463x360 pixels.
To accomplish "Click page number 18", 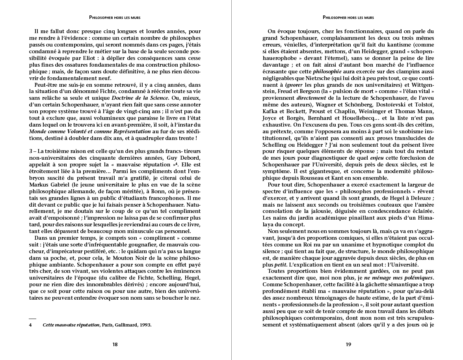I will (x=115, y=344).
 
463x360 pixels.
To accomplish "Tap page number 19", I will (x=348, y=344).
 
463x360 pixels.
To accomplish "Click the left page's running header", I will (x=115, y=17).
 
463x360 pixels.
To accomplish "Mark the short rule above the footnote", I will (x=32, y=318).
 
